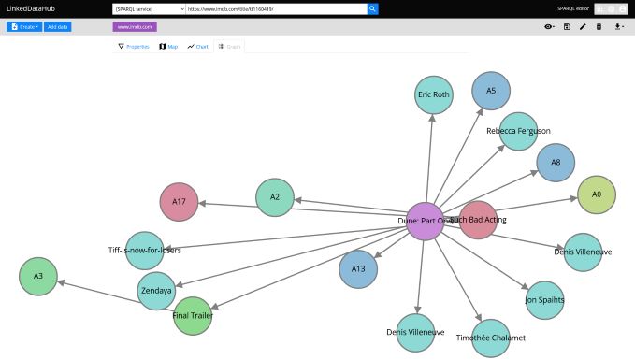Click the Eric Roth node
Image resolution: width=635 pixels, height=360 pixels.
433,95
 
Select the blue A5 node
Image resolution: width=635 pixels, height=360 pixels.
491,91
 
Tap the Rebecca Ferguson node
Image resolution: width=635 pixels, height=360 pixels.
518,131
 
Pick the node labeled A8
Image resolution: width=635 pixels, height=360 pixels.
556,162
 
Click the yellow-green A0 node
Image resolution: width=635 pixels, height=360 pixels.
597,194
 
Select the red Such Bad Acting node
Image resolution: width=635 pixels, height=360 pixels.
479,220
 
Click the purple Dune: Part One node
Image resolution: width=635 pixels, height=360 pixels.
426,222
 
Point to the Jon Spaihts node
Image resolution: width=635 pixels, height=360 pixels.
544,299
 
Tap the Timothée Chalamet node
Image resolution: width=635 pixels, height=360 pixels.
490,338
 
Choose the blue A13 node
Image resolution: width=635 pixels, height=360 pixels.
358,268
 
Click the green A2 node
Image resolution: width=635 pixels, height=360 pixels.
275,197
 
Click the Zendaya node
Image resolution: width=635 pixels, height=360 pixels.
156,291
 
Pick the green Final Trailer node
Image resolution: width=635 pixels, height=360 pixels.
193,316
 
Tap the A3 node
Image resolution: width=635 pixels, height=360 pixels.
38,276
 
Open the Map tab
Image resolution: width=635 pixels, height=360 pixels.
168,46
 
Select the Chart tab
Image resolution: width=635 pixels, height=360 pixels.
197,46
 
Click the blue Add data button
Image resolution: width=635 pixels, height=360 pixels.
57,27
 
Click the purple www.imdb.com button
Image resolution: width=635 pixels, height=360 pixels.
135,27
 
